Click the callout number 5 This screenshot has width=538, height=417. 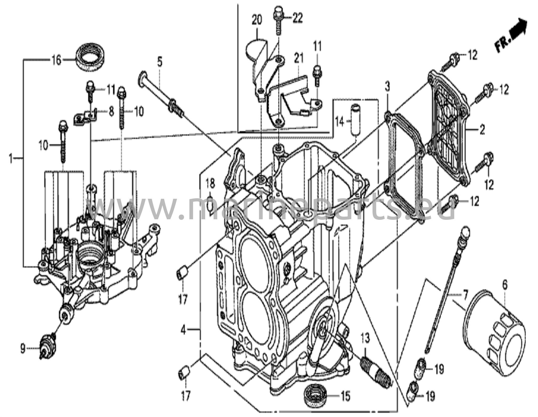tap(160, 62)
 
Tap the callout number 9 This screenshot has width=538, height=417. tap(23, 349)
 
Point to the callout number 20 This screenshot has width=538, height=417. tap(257, 20)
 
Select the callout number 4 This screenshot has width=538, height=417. tap(183, 330)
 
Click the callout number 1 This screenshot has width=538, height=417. tap(11, 159)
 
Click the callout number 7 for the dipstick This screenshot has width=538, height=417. tap(465, 295)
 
